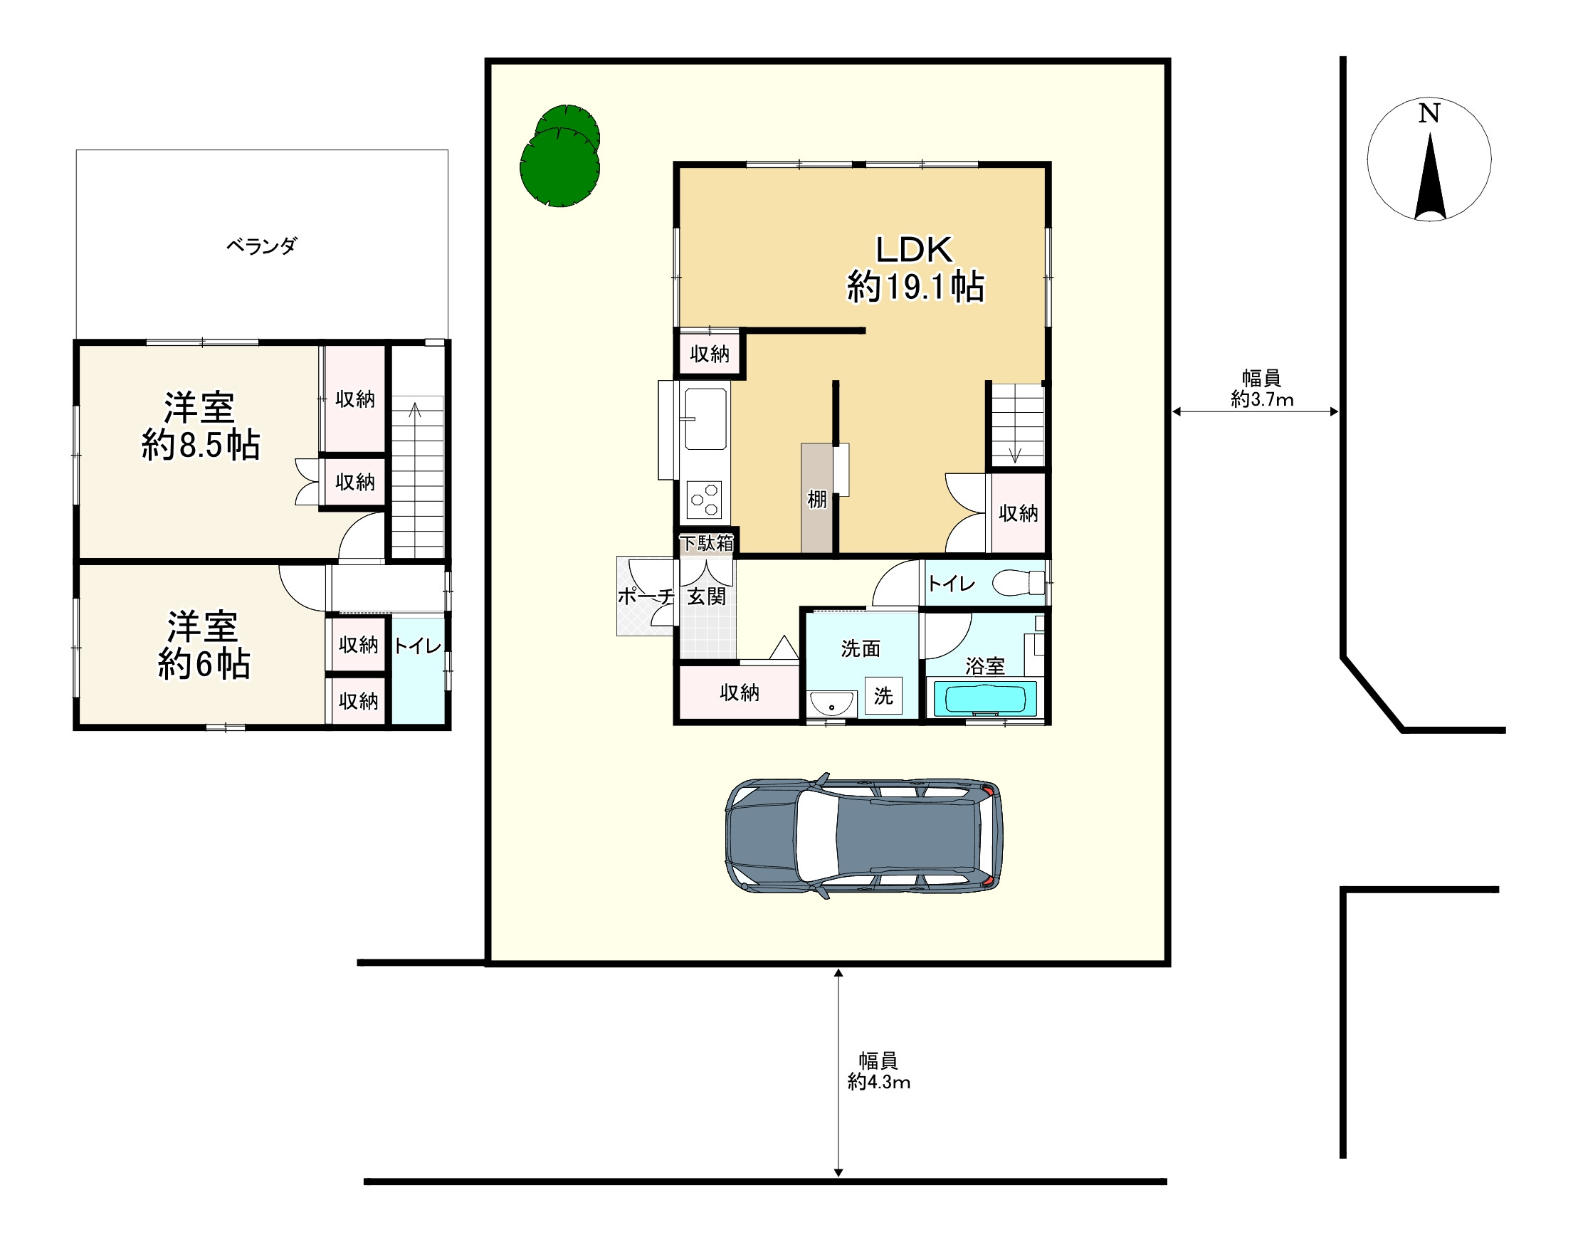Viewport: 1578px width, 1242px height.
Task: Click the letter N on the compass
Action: [1429, 113]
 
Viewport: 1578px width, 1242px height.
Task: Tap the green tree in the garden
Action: [559, 158]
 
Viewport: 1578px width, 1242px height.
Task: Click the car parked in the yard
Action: [864, 836]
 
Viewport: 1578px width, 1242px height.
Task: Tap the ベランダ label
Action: [262, 246]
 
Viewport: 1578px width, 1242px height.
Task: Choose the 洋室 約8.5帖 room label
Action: [200, 426]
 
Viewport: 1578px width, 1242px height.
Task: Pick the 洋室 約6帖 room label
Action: [204, 645]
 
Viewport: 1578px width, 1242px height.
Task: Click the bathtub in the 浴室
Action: [984, 700]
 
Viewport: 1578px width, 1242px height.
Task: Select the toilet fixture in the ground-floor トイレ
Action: [1018, 583]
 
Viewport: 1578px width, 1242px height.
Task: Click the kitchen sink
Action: [705, 419]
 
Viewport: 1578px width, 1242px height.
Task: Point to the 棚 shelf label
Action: [816, 500]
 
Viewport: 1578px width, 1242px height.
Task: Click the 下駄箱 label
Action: [706, 543]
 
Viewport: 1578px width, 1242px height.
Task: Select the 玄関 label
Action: [706, 597]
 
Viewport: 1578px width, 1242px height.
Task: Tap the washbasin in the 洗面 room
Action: [832, 704]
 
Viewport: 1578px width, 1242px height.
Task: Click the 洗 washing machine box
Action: [883, 696]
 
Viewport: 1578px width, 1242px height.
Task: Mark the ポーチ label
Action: [645, 597]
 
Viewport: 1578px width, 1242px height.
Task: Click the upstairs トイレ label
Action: [417, 646]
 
